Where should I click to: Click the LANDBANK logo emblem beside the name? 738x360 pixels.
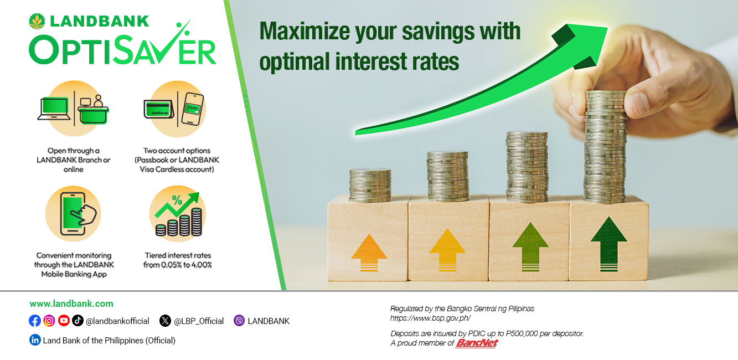[37, 22]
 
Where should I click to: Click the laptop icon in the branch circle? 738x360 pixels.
[54, 109]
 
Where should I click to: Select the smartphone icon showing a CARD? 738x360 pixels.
[193, 109]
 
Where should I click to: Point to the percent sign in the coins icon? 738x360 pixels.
[177, 200]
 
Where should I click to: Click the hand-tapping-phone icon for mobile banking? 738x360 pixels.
[78, 214]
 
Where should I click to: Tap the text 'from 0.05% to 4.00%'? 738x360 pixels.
[177, 265]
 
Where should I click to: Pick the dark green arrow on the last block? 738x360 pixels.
[609, 244]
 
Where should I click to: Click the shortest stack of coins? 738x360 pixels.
[370, 184]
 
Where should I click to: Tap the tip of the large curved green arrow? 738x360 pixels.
[607, 28]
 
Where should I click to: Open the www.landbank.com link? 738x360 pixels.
[71, 304]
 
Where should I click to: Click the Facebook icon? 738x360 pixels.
[34, 321]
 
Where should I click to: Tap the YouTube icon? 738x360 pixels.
[64, 321]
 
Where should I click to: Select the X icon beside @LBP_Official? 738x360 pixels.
[165, 321]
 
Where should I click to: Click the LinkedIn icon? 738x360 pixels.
[35, 340]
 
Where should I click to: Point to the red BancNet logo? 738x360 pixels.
[477, 343]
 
